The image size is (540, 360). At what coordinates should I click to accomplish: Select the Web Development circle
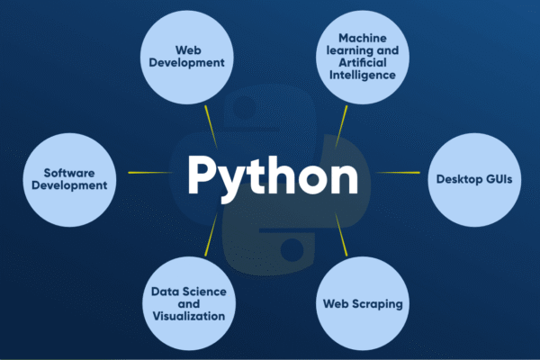coord(187,58)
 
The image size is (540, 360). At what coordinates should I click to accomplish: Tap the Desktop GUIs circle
coord(474,180)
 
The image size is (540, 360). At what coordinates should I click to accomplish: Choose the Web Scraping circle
coord(363,303)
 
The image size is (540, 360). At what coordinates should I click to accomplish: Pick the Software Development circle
coord(69,180)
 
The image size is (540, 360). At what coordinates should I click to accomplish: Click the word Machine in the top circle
coord(363,38)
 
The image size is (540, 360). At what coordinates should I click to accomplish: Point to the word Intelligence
coord(363,75)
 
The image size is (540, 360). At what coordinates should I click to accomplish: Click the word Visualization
coord(189,316)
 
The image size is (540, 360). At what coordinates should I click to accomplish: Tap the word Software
coord(69,173)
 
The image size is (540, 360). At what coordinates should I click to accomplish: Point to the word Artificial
coord(363,62)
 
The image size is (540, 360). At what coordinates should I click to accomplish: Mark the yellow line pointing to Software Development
coord(150,172)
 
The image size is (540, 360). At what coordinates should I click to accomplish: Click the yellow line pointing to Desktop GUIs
coord(398,172)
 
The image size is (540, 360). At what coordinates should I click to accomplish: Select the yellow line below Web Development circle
coord(211,127)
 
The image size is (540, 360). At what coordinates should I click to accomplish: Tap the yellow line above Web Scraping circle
coord(341,235)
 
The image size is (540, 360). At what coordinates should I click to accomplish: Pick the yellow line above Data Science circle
coord(211,235)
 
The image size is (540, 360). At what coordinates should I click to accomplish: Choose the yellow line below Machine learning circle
coord(341,127)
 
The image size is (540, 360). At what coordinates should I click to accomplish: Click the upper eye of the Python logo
coord(245,106)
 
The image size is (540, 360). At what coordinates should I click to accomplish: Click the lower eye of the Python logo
coord(292,248)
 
